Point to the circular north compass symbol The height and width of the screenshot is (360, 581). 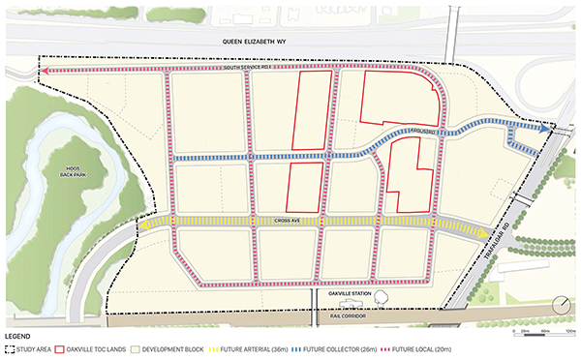click(560, 305)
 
